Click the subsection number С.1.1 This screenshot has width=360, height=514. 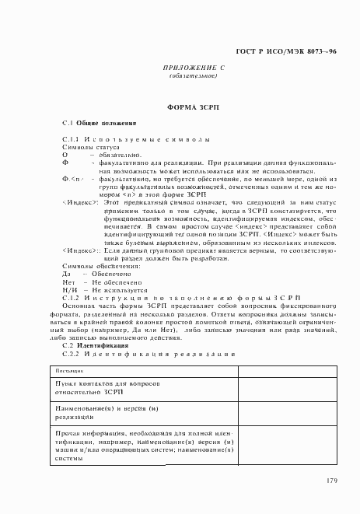click(x=70, y=139)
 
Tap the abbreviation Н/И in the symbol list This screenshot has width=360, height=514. click(x=68, y=289)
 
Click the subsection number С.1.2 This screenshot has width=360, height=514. click(x=70, y=297)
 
